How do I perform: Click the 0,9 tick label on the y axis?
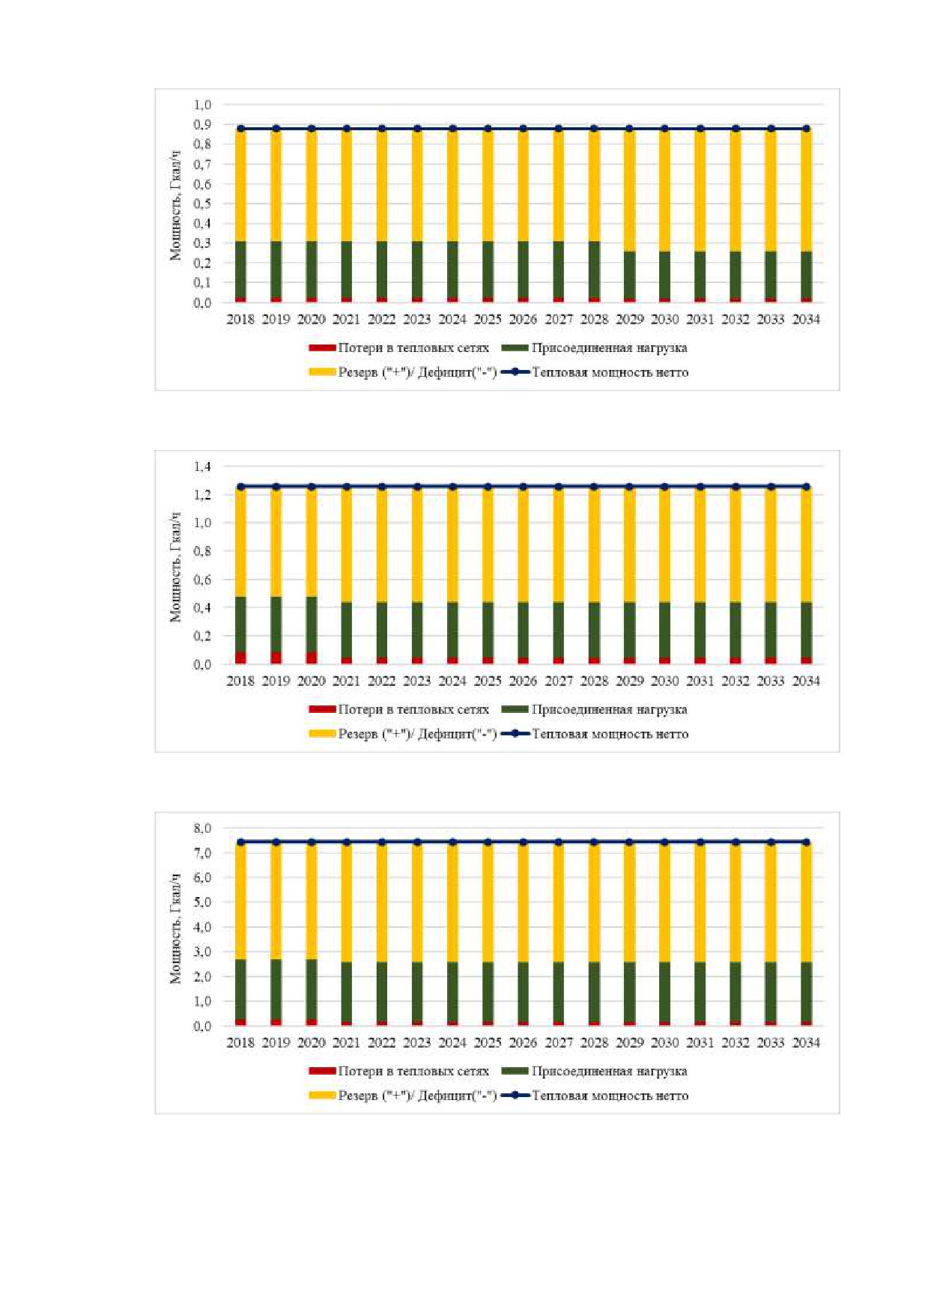pyautogui.click(x=202, y=124)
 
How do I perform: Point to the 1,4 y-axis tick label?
pyautogui.click(x=202, y=467)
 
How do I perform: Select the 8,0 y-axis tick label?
pyautogui.click(x=202, y=828)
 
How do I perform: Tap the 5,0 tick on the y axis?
pyautogui.click(x=202, y=902)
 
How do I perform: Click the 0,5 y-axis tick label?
pyautogui.click(x=202, y=204)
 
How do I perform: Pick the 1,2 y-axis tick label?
pyautogui.click(x=202, y=495)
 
